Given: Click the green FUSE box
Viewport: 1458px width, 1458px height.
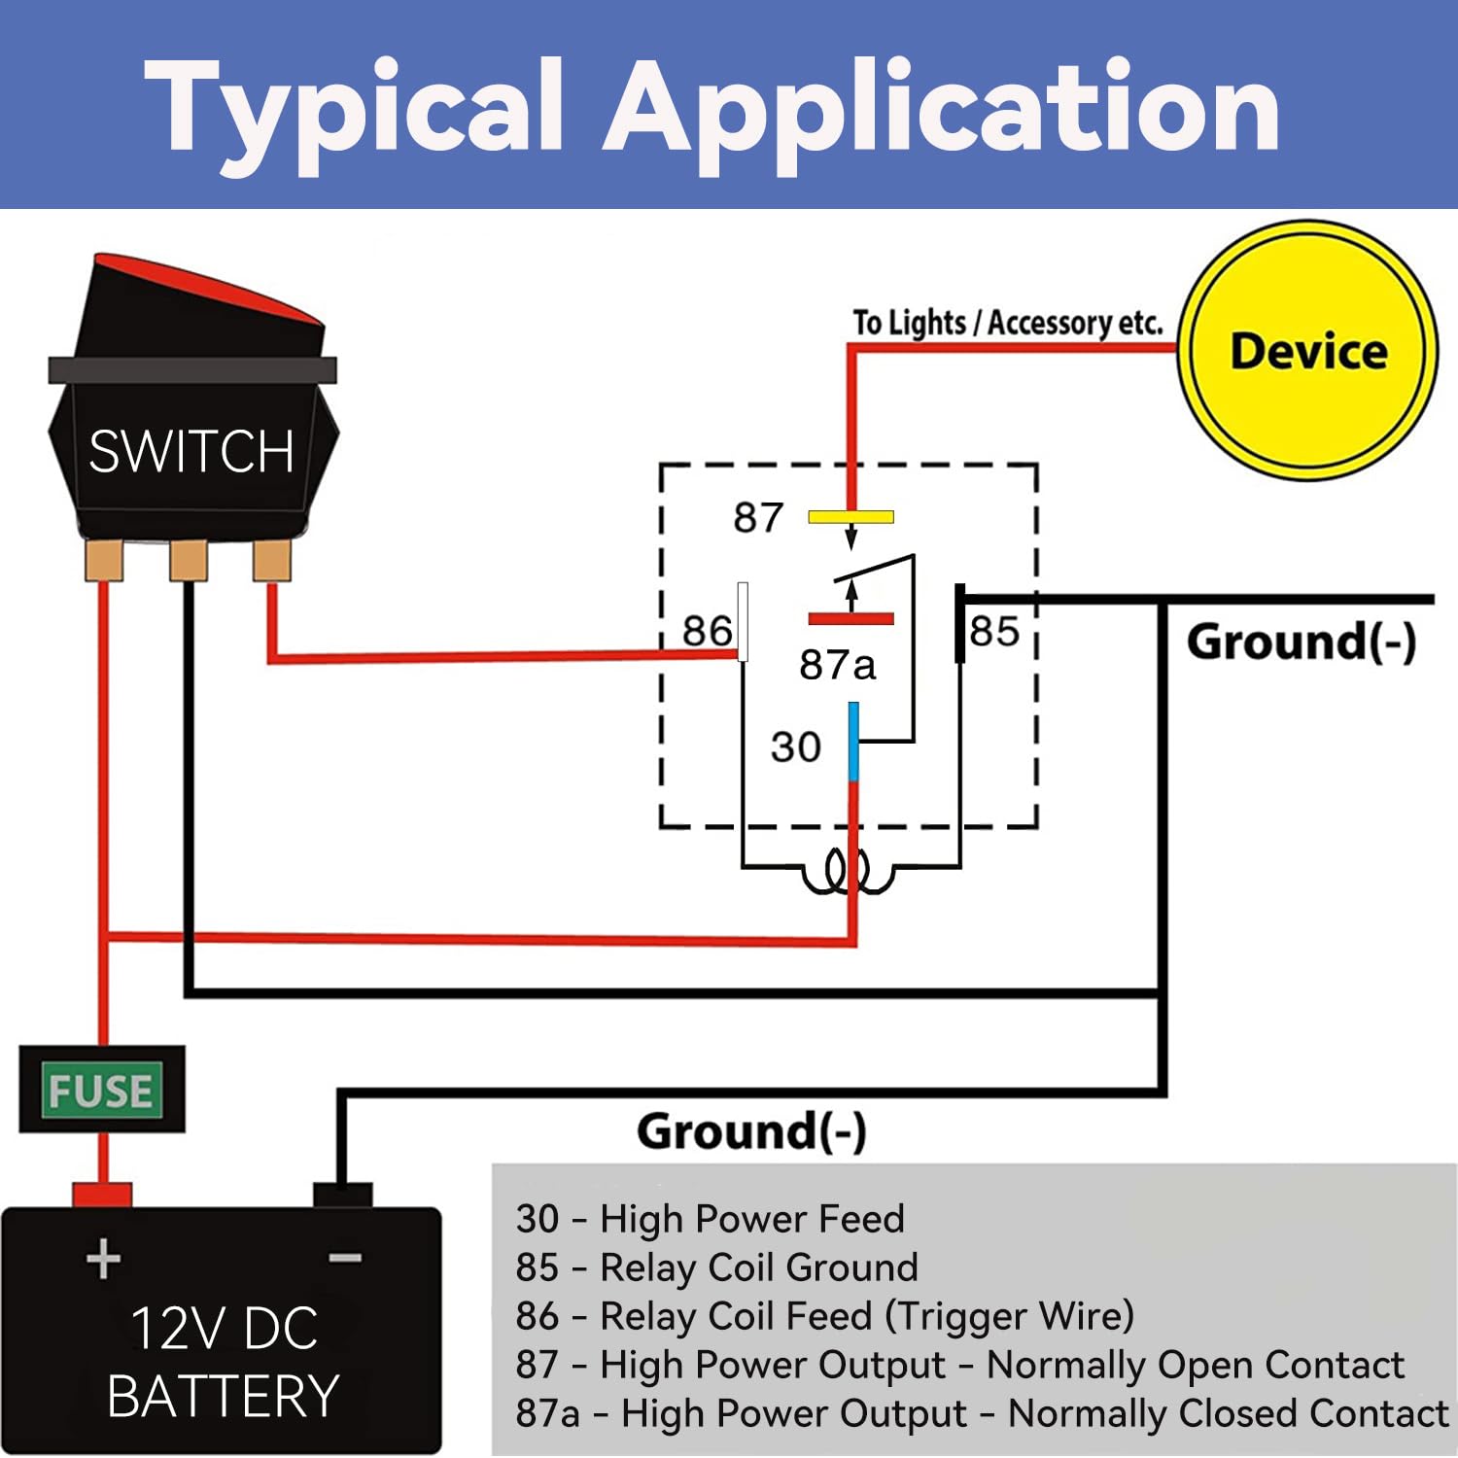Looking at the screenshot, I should tap(101, 1090).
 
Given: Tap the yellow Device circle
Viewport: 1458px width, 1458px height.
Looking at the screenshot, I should tap(1308, 351).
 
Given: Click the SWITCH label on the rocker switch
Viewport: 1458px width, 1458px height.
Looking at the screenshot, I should tap(191, 452).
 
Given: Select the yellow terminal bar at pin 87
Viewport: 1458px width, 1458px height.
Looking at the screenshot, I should tap(850, 517).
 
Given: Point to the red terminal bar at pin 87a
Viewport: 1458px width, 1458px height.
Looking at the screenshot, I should tap(850, 618).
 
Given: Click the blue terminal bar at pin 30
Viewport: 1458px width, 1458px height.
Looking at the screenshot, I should tap(853, 742).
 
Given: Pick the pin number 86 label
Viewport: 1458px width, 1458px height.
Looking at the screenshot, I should tap(707, 631).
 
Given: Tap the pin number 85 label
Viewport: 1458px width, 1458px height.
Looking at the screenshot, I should tap(994, 632).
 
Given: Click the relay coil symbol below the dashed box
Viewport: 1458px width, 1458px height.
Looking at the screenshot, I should tap(847, 871).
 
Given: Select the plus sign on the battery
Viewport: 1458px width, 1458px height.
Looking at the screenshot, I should tap(104, 1260).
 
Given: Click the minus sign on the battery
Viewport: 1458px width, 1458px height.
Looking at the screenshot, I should tap(345, 1259).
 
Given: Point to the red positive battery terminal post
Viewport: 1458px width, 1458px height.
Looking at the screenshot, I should tap(102, 1195).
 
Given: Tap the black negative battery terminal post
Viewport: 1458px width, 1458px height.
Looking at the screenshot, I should tap(342, 1195).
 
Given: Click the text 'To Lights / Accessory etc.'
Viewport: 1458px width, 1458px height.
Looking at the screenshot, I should tap(1008, 323).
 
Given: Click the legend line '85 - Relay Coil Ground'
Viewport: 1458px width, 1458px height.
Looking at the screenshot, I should tap(717, 1267).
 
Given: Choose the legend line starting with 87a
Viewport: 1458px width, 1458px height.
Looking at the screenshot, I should tap(982, 1413).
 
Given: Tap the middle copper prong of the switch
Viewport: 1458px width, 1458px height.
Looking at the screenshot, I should tap(189, 561).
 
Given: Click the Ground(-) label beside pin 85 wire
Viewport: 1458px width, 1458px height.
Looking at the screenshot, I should tap(1302, 642).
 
